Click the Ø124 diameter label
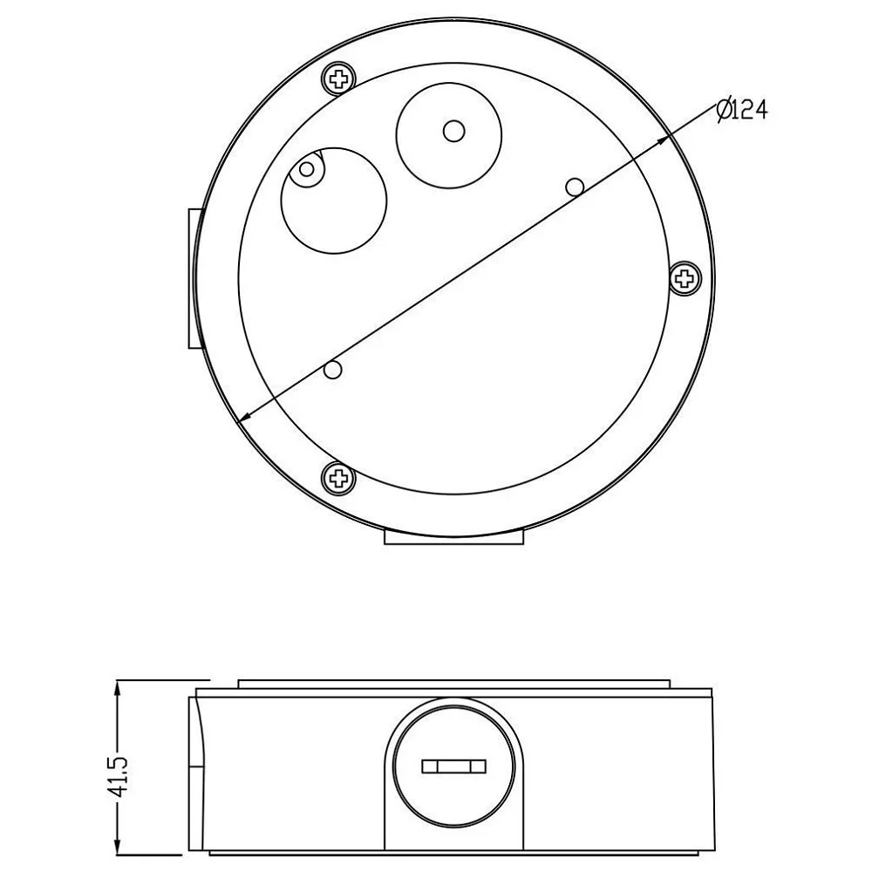click(742, 110)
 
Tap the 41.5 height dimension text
click(120, 776)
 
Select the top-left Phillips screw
click(338, 78)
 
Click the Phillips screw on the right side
click(685, 277)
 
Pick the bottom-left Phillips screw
click(338, 477)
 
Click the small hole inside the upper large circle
click(453, 132)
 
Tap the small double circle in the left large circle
click(306, 168)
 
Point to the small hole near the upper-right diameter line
click(575, 187)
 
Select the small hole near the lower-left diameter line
click(332, 369)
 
